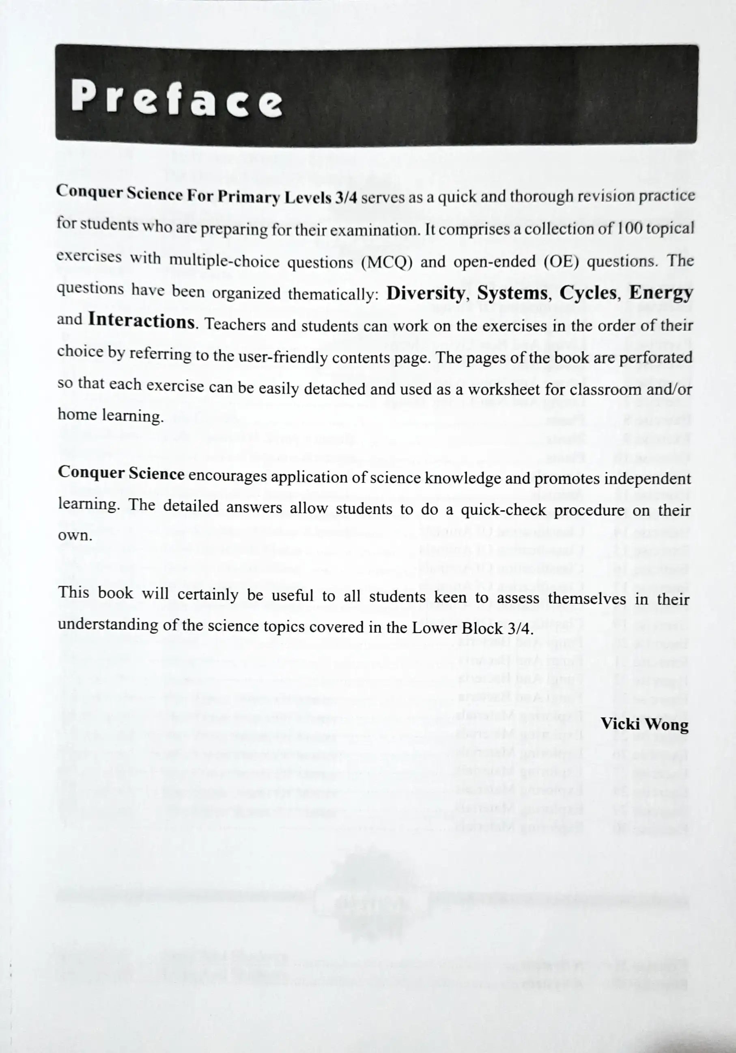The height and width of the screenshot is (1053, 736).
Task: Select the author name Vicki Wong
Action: point(644,724)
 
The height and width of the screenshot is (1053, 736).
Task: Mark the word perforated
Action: point(655,358)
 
